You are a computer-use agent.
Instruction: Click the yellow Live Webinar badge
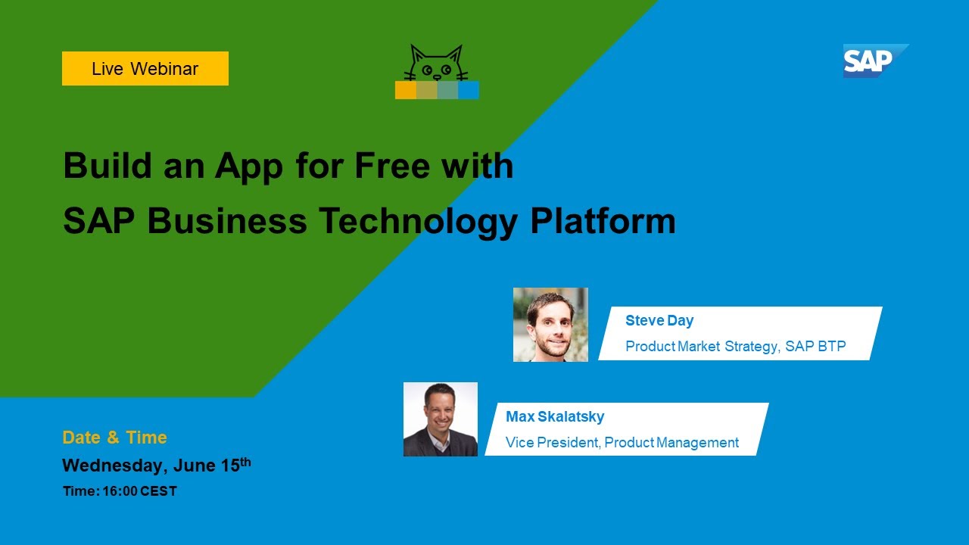(145, 69)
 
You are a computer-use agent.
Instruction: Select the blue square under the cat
(469, 90)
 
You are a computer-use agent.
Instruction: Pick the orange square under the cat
(406, 90)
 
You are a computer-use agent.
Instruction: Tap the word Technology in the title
(418, 221)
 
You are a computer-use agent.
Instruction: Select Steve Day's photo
(550, 325)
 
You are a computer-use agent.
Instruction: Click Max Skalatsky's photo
(441, 419)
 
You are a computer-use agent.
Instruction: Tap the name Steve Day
(659, 320)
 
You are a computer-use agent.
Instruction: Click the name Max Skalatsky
(555, 416)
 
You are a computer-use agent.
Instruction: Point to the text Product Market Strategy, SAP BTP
(735, 347)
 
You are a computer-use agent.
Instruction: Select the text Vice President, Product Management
(622, 443)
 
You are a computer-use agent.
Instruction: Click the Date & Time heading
(114, 438)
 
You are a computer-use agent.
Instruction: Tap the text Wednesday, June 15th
(156, 466)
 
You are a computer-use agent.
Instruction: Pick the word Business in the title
(227, 221)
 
